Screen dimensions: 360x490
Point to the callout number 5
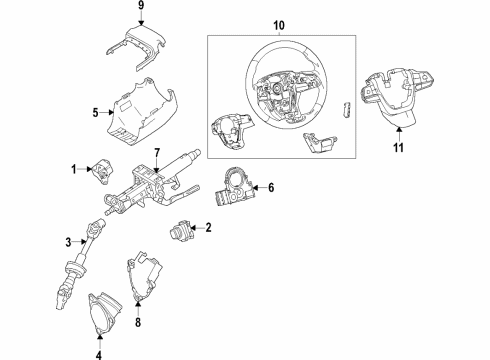pos(95,114)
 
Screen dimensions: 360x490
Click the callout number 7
pos(156,151)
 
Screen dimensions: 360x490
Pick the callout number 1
pos(74,169)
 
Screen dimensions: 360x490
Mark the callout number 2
pos(209,229)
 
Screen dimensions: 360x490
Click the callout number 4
pos(99,353)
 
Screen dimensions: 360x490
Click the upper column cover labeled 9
pos(139,45)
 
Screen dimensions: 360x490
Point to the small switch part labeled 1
pos(103,173)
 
